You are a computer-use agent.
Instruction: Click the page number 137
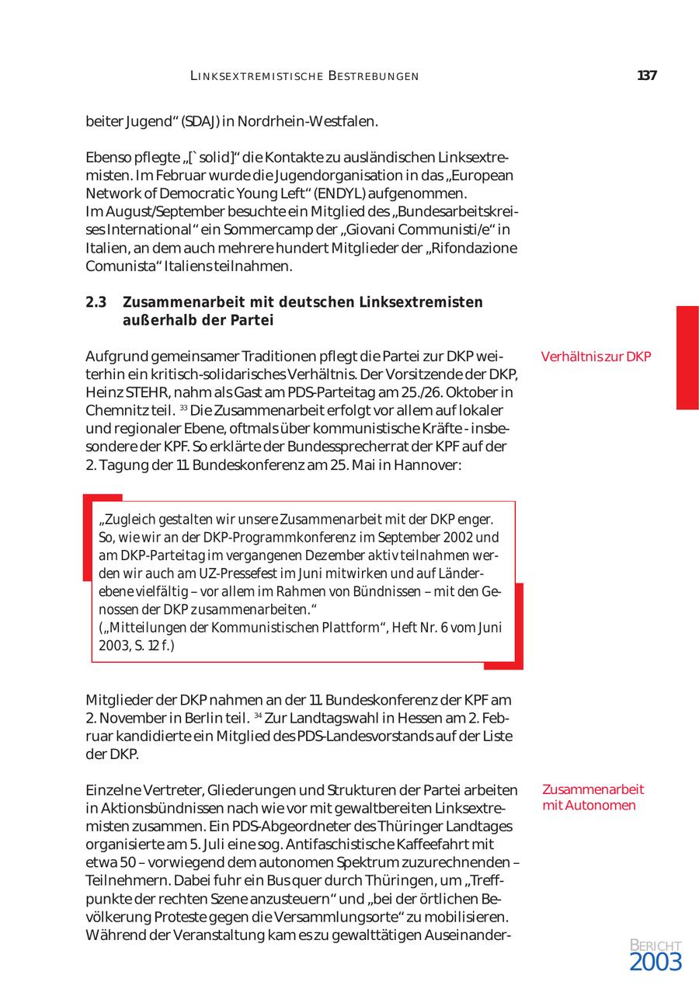(646, 76)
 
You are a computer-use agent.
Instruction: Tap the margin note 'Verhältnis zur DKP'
(596, 357)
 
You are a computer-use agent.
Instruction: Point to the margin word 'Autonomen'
(600, 805)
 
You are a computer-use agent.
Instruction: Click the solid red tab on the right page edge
(687, 357)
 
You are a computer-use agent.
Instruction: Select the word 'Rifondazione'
(475, 248)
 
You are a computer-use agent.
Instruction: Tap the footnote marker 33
(183, 408)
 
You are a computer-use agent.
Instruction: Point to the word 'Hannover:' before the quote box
(436, 465)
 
